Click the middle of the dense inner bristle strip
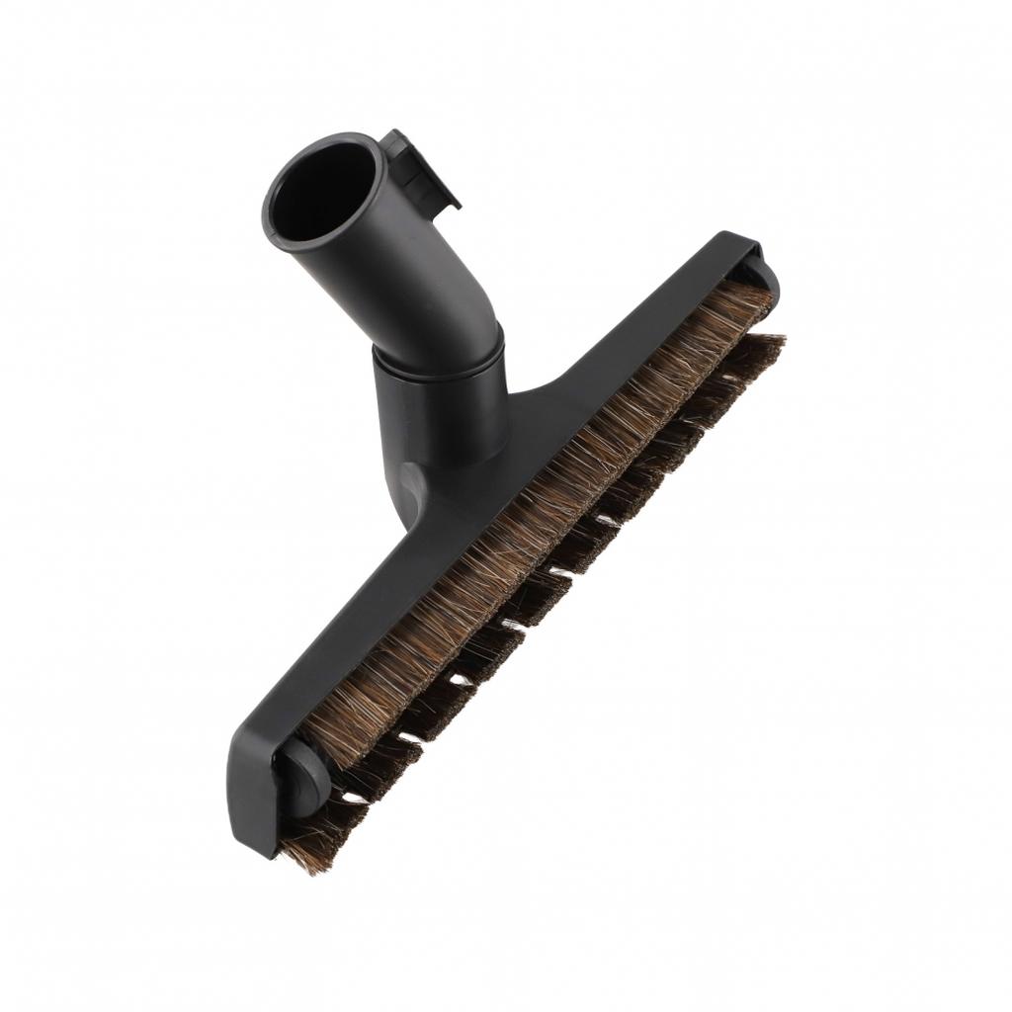pos(534,514)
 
